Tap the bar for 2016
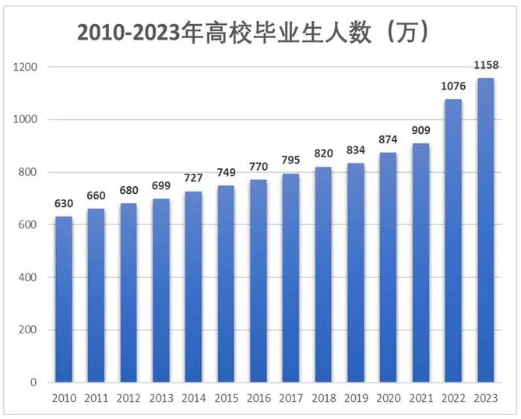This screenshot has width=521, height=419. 259,281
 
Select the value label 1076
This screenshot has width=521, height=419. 452,85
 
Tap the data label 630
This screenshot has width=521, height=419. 64,203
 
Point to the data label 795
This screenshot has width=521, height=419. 290,160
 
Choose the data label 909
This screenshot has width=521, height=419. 421,130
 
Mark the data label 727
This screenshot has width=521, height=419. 193,178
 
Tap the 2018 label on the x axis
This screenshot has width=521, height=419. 323,399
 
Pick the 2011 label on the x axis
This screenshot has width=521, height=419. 97,399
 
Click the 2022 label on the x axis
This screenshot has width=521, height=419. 452,399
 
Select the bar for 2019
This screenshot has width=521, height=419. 356,273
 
